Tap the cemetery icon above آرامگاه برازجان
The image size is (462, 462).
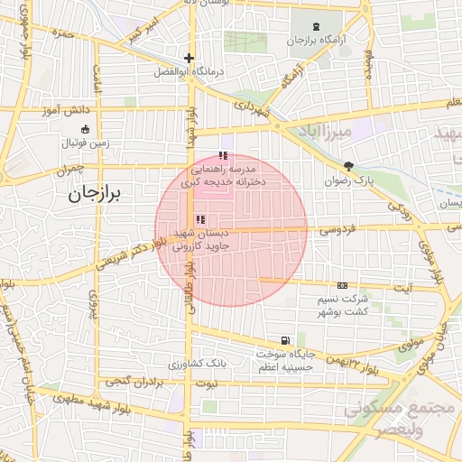click(315, 27)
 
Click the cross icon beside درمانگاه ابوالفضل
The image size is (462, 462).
click(189, 58)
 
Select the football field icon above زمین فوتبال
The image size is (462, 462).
click(85, 129)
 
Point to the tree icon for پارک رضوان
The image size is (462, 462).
click(348, 166)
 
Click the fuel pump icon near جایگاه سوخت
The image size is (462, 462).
click(285, 340)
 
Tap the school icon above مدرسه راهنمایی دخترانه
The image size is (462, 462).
click(223, 156)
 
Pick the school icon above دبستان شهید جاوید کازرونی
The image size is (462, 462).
click(199, 218)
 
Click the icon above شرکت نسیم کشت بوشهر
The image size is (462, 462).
click(342, 285)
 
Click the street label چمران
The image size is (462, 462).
click(68, 169)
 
